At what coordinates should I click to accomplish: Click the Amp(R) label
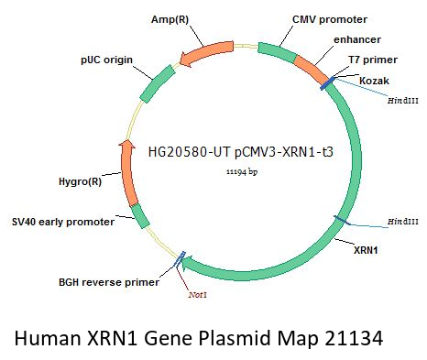tap(170, 19)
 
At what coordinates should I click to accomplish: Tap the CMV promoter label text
tap(330, 19)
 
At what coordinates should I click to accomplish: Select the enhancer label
tap(357, 39)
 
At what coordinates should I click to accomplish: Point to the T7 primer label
tap(373, 60)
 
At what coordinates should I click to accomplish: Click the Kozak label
tap(374, 81)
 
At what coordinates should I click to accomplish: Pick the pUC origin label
tap(106, 60)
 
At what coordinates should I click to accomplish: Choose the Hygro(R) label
tap(80, 181)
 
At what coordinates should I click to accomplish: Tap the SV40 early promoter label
tap(63, 222)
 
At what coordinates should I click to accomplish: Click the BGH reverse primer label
tap(109, 282)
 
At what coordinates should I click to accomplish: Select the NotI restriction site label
tap(198, 295)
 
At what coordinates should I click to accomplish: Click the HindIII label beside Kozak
tap(403, 101)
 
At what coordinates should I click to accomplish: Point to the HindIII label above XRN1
tap(403, 222)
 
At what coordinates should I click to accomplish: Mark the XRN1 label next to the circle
tap(366, 250)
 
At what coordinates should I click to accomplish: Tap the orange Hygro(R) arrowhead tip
tap(126, 141)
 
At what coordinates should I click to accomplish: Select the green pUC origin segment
tap(158, 83)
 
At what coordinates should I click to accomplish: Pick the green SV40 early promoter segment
tap(140, 215)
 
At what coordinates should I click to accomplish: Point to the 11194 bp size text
tap(242, 172)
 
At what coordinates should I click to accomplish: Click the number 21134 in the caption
tap(354, 338)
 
